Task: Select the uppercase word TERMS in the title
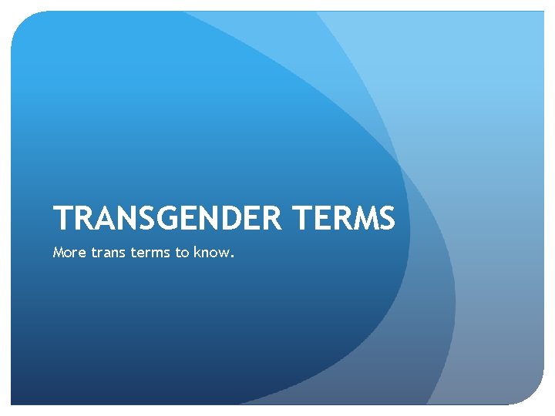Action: [344, 218]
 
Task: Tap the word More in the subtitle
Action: [66, 251]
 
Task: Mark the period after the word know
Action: [230, 255]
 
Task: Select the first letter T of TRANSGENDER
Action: [62, 218]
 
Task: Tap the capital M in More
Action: [58, 251]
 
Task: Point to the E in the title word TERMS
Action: [320, 218]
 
